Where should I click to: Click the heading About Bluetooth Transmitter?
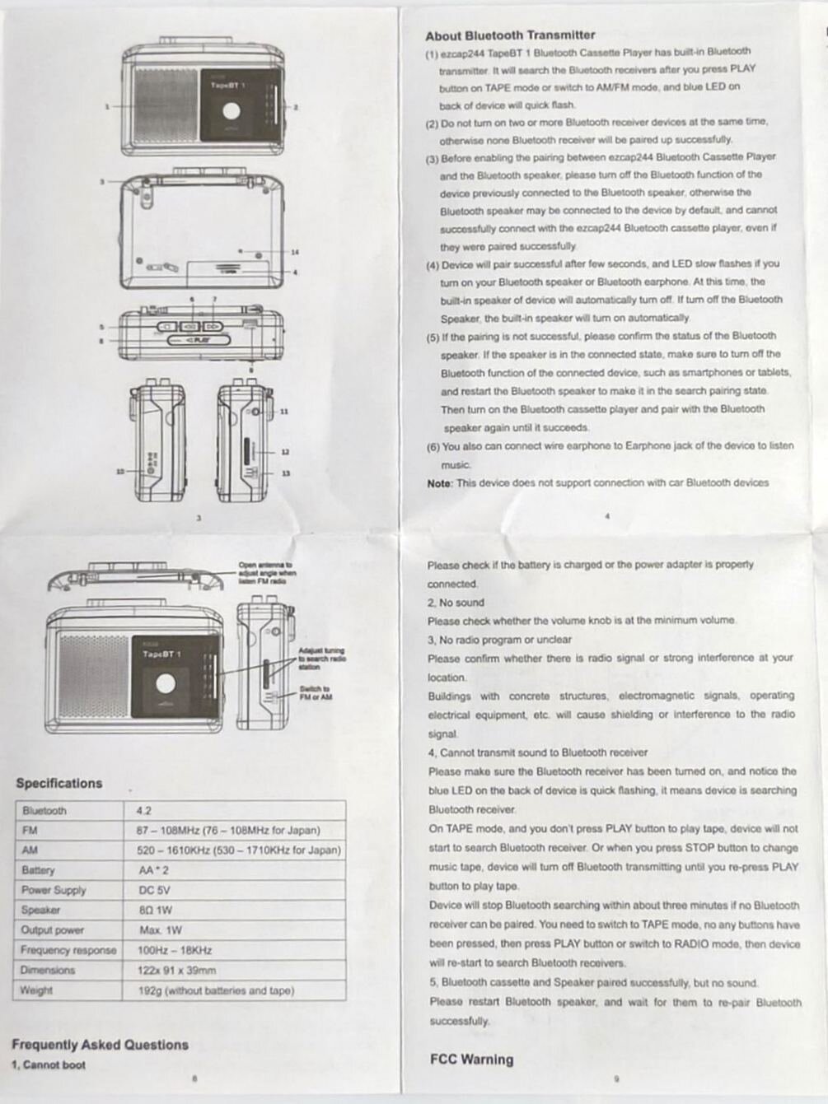click(x=510, y=35)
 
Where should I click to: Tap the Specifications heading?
click(x=59, y=783)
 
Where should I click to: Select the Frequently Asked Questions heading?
click(x=100, y=1045)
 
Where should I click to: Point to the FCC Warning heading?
click(x=471, y=1060)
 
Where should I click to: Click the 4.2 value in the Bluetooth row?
click(x=144, y=811)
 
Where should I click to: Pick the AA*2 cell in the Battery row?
click(x=153, y=870)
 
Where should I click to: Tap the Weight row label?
click(x=36, y=990)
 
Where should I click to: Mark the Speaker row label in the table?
click(x=40, y=910)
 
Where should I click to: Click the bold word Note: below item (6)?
click(x=439, y=483)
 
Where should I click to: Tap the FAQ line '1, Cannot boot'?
click(x=49, y=1065)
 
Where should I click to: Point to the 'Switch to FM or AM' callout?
click(x=316, y=693)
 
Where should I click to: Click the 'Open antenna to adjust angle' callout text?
click(x=265, y=573)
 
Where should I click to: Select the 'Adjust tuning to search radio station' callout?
click(x=321, y=659)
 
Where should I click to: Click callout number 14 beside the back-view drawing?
click(x=294, y=252)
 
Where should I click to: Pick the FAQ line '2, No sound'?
click(x=456, y=603)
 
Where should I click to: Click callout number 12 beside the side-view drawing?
click(x=285, y=452)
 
